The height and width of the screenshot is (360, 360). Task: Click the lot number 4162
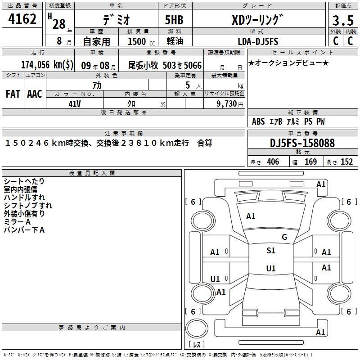22,19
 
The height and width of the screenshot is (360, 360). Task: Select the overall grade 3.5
343,20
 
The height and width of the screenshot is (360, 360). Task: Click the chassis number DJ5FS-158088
302,143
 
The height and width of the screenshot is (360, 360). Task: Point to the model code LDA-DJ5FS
258,41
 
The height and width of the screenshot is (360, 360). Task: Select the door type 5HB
174,20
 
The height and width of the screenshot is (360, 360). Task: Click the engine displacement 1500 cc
141,41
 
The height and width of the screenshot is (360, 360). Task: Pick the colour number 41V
75,104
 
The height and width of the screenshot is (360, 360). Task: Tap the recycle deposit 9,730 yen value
230,104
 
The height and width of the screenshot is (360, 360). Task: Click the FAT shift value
13,94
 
